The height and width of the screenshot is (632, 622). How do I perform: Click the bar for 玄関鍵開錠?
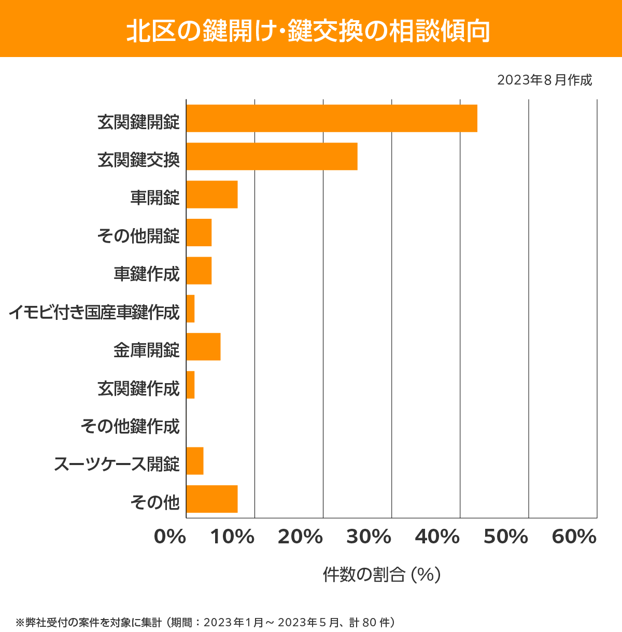(332, 118)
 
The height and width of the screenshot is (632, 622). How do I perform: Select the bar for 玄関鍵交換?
(272, 156)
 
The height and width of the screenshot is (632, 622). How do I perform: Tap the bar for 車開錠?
(211, 194)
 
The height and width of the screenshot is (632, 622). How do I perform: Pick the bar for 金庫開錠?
(203, 346)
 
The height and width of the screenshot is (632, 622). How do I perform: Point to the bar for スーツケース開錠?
(195, 460)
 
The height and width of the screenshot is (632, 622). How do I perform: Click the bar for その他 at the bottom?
(211, 499)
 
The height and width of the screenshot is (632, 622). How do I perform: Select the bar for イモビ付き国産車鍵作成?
(190, 308)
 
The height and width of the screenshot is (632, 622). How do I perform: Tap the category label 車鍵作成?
(147, 274)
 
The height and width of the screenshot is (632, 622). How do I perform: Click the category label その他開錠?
(138, 236)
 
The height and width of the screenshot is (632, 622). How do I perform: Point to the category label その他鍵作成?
(130, 426)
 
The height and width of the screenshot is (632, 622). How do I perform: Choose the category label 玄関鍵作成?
(138, 388)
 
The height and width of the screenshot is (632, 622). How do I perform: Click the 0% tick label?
(170, 537)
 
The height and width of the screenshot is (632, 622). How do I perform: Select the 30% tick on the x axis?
(369, 537)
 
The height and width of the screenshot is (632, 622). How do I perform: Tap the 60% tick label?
(574, 537)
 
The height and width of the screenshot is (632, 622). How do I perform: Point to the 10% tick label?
(232, 537)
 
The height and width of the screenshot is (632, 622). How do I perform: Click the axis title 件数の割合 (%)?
(381, 574)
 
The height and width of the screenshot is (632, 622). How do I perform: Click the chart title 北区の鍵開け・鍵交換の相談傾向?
(309, 31)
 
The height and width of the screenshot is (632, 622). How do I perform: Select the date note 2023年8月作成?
(544, 80)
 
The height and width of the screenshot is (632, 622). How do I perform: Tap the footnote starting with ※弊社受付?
(205, 622)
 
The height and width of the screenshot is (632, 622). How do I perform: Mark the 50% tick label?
(505, 537)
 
